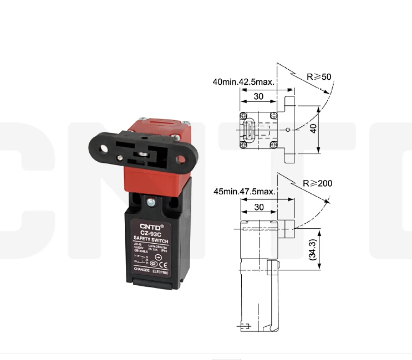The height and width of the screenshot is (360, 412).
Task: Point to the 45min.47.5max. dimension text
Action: point(244,192)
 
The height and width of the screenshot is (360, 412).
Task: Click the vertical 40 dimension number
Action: point(313,128)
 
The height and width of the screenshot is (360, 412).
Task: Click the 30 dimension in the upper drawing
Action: point(258,96)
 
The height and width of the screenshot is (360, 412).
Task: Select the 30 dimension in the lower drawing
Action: point(258,206)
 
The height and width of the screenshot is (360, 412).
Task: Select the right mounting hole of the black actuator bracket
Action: point(180,161)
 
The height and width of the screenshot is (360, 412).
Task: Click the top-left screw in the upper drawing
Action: point(244,116)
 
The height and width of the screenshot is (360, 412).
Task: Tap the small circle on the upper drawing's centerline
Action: point(288,130)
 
